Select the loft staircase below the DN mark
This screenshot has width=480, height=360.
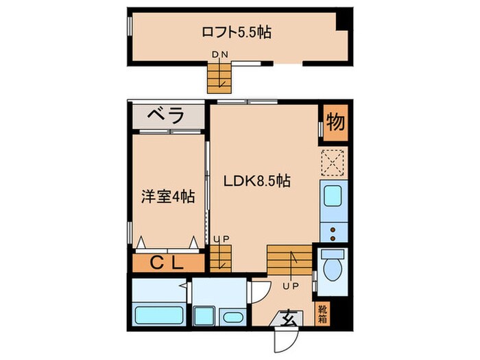220,76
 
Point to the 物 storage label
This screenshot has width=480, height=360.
335,123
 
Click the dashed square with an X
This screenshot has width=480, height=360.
334,163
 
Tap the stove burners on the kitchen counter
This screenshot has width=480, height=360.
334,230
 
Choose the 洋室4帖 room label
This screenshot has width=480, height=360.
167,196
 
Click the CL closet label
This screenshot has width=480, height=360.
167,263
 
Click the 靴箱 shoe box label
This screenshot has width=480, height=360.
323,313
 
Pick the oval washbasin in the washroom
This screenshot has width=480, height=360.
232,317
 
